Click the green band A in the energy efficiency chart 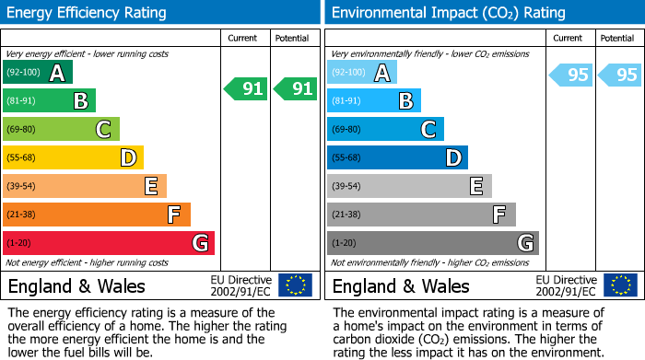coord(37,73)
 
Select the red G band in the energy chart coord(108,243)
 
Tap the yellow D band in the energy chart coord(73,158)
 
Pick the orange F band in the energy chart coord(96,215)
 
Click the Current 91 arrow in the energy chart coord(245,89)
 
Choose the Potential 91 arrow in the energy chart coord(294,89)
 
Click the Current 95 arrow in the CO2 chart coord(570,75)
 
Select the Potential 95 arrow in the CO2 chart coord(618,75)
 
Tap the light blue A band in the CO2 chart coord(362,73)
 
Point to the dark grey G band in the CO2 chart coord(432,243)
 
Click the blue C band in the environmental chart coord(385,130)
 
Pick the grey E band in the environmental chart coord(409,187)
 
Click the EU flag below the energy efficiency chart coord(295,285)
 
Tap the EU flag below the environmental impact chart coord(620,285)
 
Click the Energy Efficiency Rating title coord(87,13)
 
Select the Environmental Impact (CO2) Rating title coord(448,13)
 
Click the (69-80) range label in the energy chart coord(23,130)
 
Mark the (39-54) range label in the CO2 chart coord(347,187)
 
